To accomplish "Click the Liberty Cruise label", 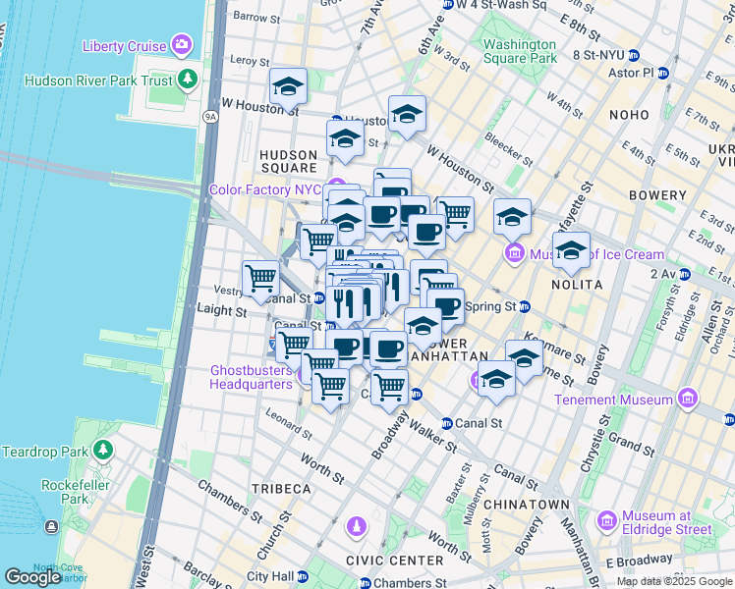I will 124,45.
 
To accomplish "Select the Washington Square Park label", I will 520,51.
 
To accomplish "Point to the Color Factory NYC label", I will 265,189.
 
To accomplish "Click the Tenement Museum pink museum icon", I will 687,399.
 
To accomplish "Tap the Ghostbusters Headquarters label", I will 251,378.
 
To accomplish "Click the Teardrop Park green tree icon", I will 103,451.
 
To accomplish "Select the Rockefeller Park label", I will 72,492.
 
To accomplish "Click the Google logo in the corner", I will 32,576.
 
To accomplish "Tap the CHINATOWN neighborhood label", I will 532,504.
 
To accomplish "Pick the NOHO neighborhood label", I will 629,115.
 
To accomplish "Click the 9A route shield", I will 210,117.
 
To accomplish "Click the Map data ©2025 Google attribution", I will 673,581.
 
